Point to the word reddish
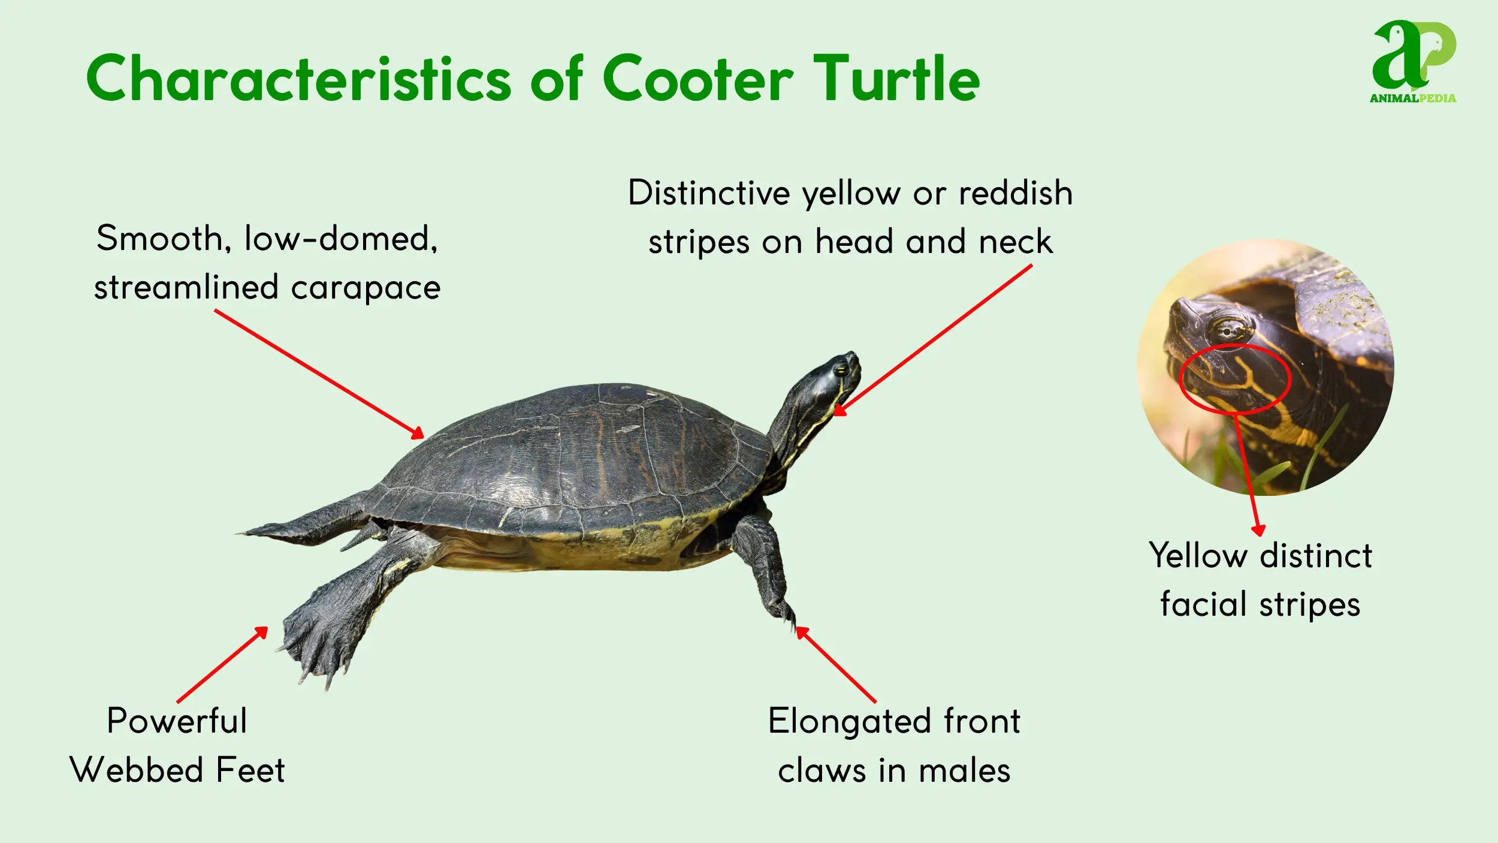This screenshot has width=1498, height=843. click(1015, 193)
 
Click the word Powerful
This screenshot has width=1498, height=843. click(177, 721)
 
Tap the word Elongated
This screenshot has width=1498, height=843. click(849, 721)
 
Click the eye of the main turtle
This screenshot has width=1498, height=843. click(842, 369)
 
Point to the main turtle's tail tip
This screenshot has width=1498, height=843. click(243, 532)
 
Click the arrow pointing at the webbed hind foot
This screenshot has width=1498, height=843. click(222, 664)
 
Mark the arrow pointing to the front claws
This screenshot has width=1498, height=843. click(836, 664)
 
